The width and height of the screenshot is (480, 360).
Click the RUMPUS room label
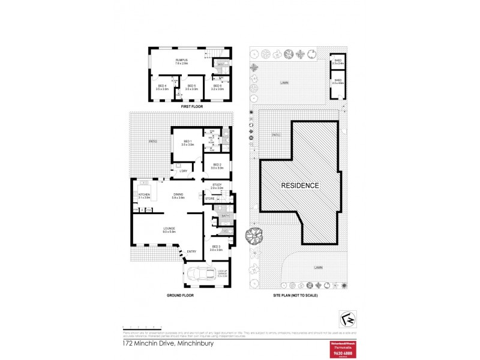(x=182, y=60)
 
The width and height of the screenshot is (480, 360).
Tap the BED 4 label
(x=161, y=86)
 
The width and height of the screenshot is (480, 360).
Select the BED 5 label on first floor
(x=191, y=86)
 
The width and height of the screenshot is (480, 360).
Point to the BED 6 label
(x=217, y=86)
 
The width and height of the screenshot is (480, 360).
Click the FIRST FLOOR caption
(x=192, y=106)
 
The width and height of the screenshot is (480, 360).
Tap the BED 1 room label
(x=188, y=142)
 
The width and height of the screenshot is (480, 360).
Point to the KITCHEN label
(x=144, y=194)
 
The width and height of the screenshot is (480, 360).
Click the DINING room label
(x=178, y=194)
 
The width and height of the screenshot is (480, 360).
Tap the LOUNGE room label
(x=169, y=229)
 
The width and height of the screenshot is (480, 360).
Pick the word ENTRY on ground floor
(x=191, y=251)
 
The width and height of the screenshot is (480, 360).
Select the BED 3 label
(x=217, y=247)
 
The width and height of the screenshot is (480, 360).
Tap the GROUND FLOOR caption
(x=180, y=295)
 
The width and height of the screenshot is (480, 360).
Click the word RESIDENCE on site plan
(x=300, y=185)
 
